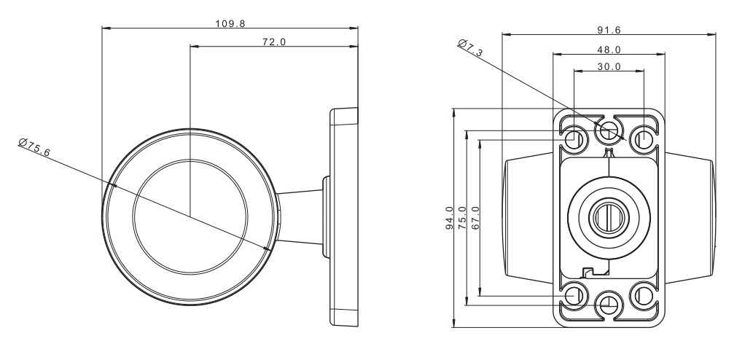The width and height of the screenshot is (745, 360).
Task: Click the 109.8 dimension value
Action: pos(230,23)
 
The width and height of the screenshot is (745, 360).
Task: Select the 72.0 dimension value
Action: pos(275,42)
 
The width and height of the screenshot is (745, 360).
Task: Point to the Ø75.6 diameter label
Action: pos(34,146)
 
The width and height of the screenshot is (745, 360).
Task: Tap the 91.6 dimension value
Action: pos(609,30)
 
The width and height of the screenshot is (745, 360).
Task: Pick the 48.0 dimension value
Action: pos(609,50)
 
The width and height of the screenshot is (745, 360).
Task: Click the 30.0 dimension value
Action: pos(609,67)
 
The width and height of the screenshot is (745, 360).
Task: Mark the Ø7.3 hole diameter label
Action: pos(470,48)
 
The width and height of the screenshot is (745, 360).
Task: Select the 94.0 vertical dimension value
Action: pos(449,218)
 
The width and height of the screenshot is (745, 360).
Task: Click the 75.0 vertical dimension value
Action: pos(462,218)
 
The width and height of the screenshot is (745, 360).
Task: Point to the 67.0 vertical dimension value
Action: pos(475,218)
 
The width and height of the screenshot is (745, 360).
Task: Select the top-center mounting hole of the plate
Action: pos(609,130)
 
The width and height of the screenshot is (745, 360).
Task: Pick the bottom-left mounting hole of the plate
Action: pos(574,295)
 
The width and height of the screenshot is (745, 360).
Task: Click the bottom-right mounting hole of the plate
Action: pos(644,295)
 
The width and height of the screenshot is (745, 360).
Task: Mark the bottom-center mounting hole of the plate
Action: pos(609,305)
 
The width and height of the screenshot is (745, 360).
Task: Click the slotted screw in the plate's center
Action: pos(609,218)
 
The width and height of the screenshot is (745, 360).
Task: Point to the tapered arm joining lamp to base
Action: pos(300,217)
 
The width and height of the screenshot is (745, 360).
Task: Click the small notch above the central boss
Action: pos(609,153)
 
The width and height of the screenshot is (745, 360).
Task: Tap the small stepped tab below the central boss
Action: pos(594,271)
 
